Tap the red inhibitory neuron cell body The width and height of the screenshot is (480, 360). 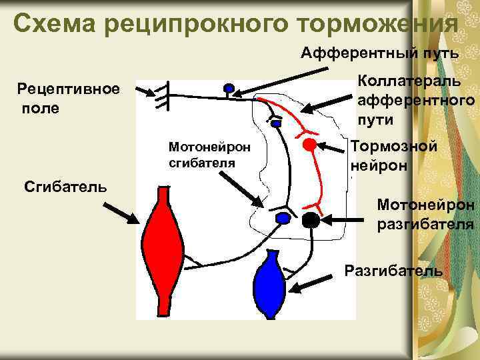tap(309, 144)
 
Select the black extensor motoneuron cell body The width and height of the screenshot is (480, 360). tap(311, 219)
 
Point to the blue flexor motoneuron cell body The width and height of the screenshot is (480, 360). tap(283, 218)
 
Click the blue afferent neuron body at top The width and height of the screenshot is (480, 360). tap(229, 88)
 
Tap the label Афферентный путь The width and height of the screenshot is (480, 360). tap(379, 53)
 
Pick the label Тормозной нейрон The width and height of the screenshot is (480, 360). tap(394, 155)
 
